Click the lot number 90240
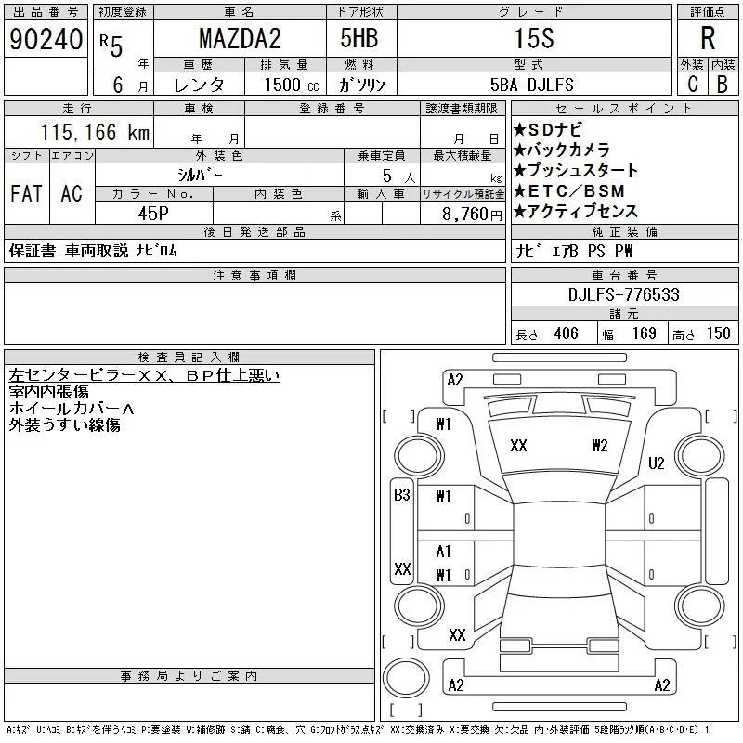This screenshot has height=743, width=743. click(46, 39)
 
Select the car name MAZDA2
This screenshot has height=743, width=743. click(240, 39)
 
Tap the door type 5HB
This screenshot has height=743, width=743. click(359, 38)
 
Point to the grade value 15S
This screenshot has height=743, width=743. click(534, 38)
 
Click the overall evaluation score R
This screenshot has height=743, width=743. click(708, 38)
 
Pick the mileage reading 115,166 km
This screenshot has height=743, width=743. click(95, 132)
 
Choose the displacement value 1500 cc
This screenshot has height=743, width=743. click(291, 85)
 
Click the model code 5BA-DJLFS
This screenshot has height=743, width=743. click(531, 85)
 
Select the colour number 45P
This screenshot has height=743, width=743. click(153, 214)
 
